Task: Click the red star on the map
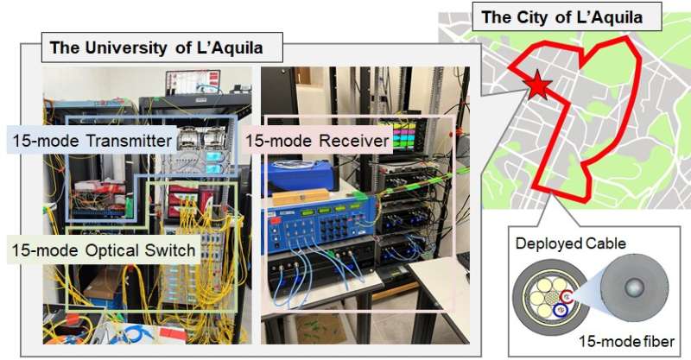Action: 536,85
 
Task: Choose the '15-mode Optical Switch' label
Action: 103,251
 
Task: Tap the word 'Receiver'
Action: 350,139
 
